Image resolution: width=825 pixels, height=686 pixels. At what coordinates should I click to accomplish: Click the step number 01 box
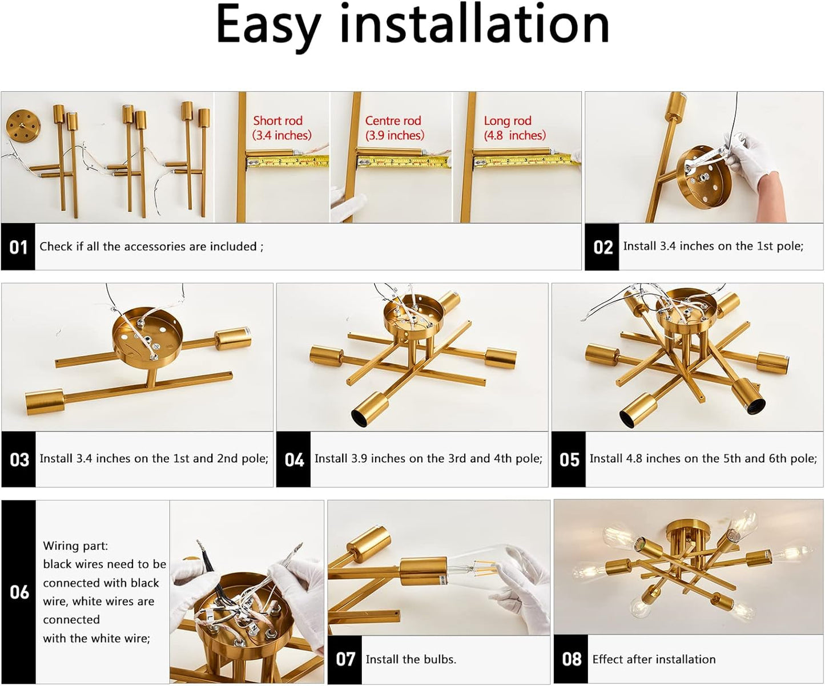[x=18, y=247]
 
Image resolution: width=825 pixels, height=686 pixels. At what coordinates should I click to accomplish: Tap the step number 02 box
[x=602, y=247]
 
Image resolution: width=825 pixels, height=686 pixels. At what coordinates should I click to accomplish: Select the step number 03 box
[x=19, y=459]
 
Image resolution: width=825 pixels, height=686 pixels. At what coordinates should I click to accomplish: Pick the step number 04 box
[x=294, y=459]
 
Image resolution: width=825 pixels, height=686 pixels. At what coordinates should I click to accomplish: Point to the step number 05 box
[x=569, y=459]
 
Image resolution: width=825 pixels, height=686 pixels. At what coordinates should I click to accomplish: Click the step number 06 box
[x=19, y=592]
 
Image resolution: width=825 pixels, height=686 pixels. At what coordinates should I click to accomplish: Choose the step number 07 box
[x=345, y=660]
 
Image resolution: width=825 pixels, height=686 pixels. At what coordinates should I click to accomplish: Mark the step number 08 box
[x=571, y=660]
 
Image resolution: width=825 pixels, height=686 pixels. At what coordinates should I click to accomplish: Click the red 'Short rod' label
[x=277, y=120]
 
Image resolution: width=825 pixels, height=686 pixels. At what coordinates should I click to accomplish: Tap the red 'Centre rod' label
[x=393, y=120]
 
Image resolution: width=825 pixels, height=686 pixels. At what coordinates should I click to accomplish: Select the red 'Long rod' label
[x=508, y=120]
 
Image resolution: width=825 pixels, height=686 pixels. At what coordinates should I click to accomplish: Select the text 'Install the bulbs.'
[x=411, y=660]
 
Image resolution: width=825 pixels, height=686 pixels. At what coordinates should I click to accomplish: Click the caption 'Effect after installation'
[x=654, y=660]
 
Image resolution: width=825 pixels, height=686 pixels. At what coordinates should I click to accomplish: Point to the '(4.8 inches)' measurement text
[x=515, y=135]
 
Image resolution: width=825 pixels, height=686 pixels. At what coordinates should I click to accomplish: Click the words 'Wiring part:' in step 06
[x=75, y=546]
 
